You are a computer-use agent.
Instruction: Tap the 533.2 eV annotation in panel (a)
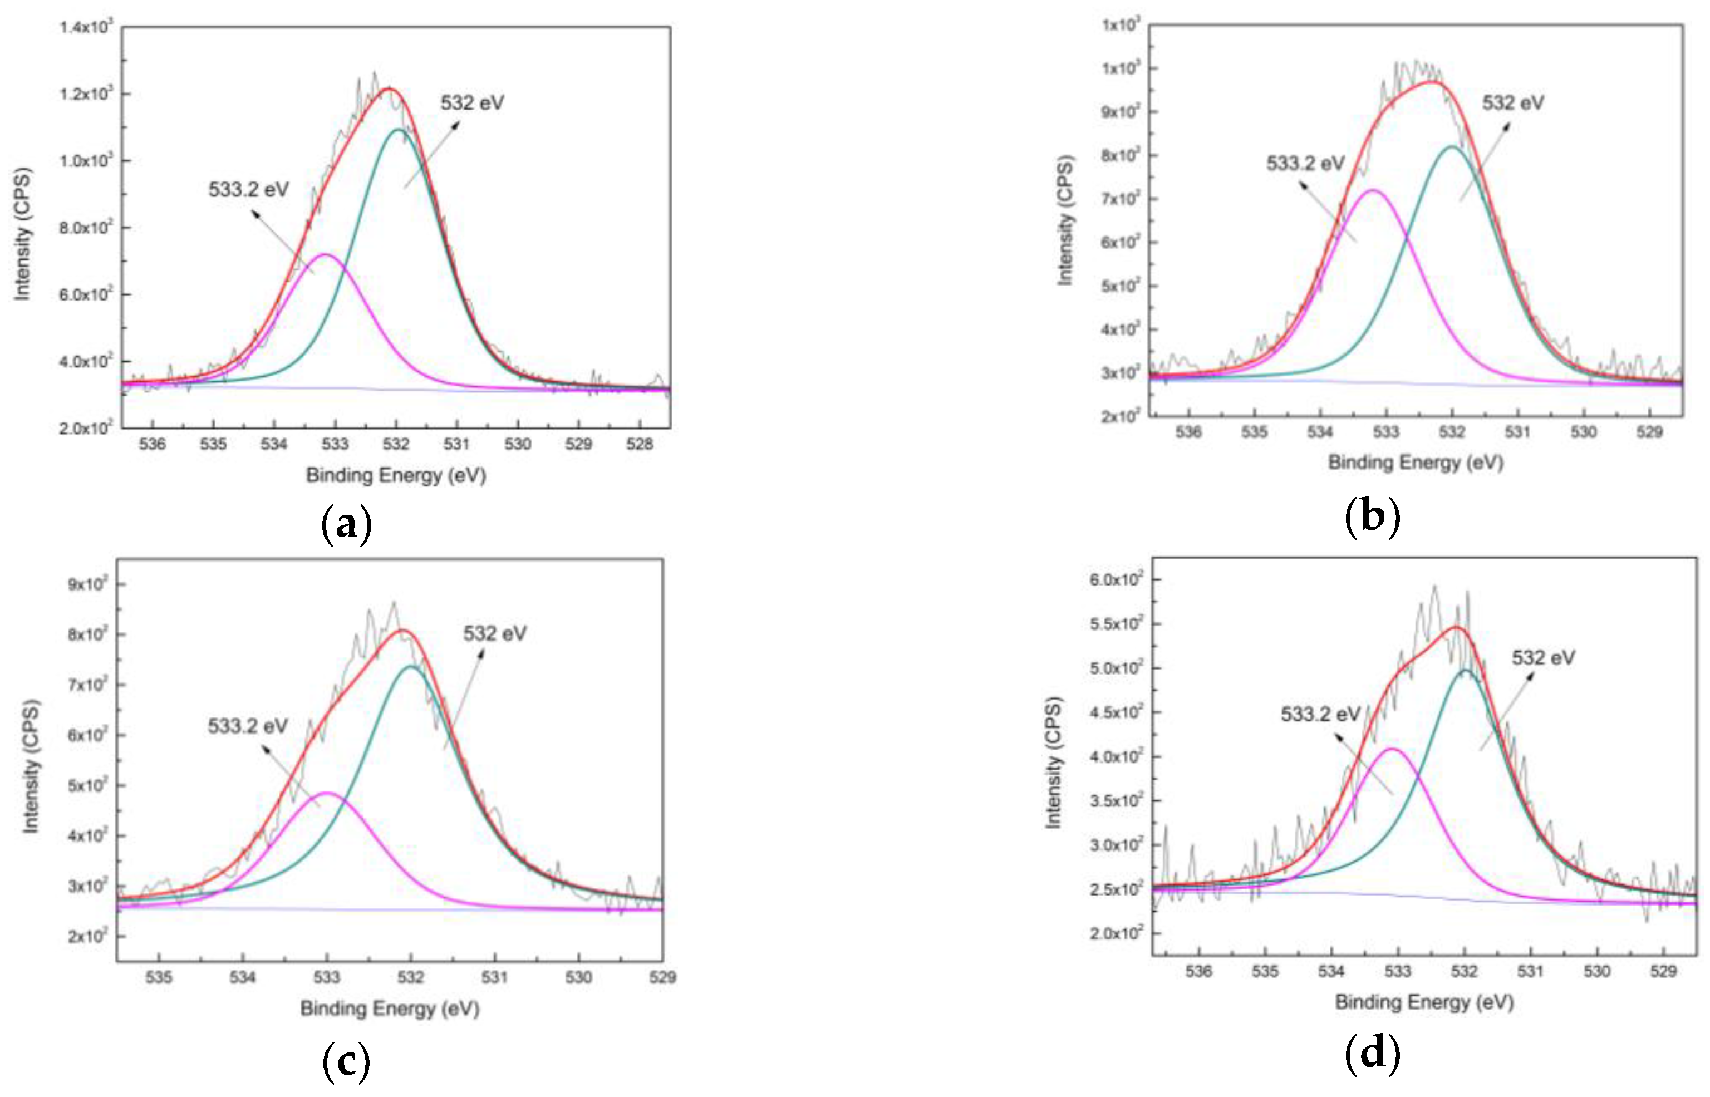(x=249, y=189)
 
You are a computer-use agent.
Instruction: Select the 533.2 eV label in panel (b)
(x=1305, y=164)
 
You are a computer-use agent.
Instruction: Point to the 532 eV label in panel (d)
(x=1544, y=657)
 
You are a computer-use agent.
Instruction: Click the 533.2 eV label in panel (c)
(x=248, y=726)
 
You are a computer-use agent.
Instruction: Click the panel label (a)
(x=347, y=525)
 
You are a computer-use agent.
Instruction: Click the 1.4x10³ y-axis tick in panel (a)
(x=86, y=28)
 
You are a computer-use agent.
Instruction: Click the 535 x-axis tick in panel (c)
(x=158, y=977)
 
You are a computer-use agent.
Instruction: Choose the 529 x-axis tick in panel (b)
(x=1649, y=432)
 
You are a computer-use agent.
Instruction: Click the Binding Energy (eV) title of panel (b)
(x=1415, y=463)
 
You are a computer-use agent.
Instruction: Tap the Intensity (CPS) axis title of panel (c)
(x=31, y=766)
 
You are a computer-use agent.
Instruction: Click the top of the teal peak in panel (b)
(x=1452, y=147)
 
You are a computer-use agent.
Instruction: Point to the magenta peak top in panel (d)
(x=1392, y=749)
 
